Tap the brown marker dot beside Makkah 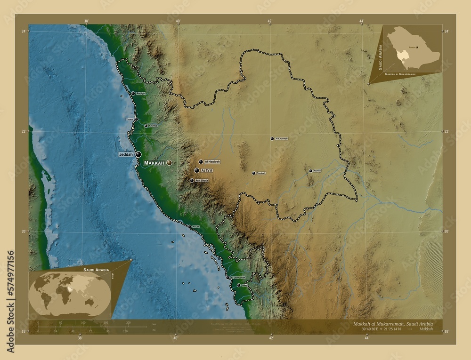pos(169,163)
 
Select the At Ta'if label pos(207,170)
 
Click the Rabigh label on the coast pos(141,94)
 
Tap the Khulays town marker pos(146,126)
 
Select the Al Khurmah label pos(281,139)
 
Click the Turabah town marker pos(253,173)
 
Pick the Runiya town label pos(317,171)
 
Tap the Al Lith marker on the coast pos(189,227)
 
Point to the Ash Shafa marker pos(192,180)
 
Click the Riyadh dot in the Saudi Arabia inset pos(417,48)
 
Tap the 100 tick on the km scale pos(83,323)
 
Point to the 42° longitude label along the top pos(270,21)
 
